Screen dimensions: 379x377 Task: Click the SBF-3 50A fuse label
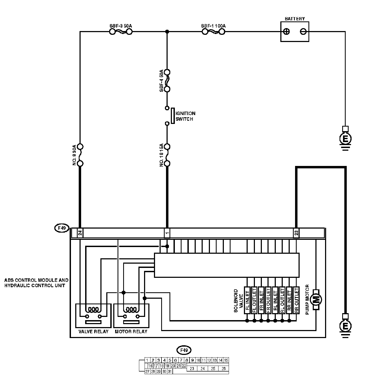(x=121, y=26)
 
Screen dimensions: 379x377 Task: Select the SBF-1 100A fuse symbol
(x=213, y=32)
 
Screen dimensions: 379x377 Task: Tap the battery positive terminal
(x=286, y=32)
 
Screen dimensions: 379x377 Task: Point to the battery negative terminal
(x=303, y=32)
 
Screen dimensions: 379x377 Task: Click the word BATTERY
(x=295, y=19)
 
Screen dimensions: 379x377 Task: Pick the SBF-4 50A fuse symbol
(x=167, y=81)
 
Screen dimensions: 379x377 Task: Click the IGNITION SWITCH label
(x=185, y=116)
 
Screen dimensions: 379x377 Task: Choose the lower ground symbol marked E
(x=345, y=326)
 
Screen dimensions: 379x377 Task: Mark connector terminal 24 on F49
(x=80, y=233)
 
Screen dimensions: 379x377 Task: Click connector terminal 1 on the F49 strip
(x=167, y=233)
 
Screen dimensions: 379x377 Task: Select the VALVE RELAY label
(x=93, y=332)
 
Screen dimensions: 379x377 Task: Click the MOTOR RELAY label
(x=131, y=332)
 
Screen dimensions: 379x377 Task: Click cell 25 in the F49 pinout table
(x=213, y=369)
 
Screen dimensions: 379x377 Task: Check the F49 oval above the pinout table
(x=184, y=350)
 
